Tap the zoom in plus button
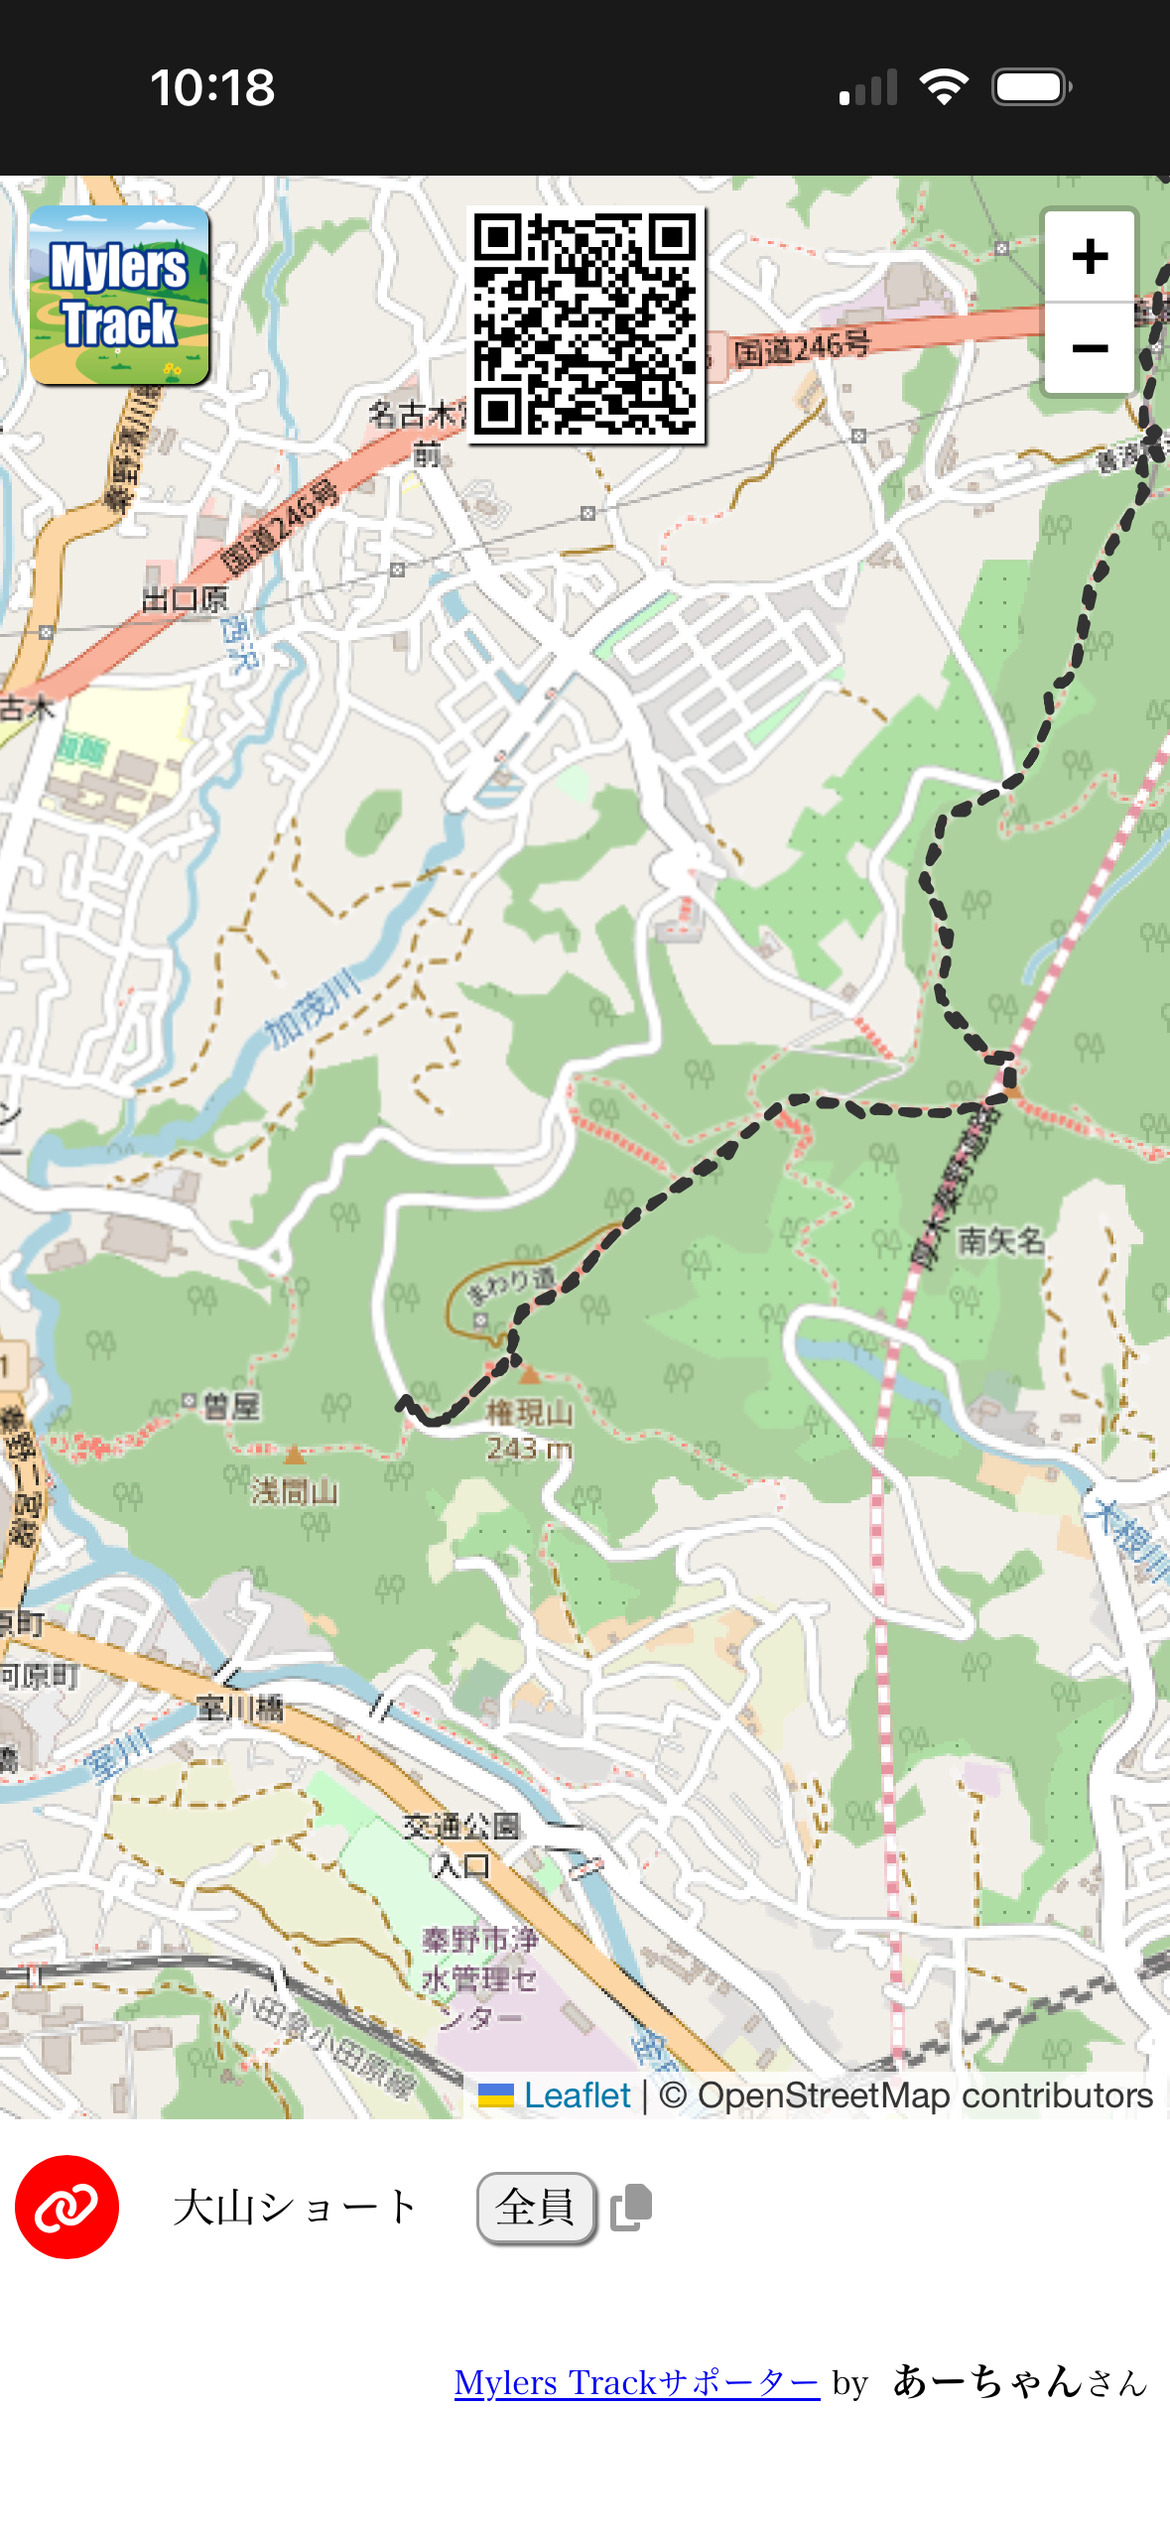(x=1089, y=257)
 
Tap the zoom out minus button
(x=1089, y=348)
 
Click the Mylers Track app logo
(x=119, y=296)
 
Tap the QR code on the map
(x=585, y=324)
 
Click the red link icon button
(x=66, y=2207)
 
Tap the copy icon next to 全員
(x=631, y=2208)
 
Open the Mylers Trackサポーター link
(x=636, y=2382)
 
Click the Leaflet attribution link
(x=577, y=2094)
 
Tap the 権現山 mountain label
(x=529, y=1412)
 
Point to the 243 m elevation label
(x=529, y=1450)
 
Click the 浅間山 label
(x=295, y=1491)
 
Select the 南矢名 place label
(x=1000, y=1240)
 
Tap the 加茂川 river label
(x=314, y=1009)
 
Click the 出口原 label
(x=186, y=599)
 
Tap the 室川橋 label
(x=240, y=1708)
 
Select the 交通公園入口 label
(x=461, y=1845)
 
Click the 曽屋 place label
(x=230, y=1405)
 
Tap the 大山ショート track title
(x=295, y=2208)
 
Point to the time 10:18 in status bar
(x=212, y=87)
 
